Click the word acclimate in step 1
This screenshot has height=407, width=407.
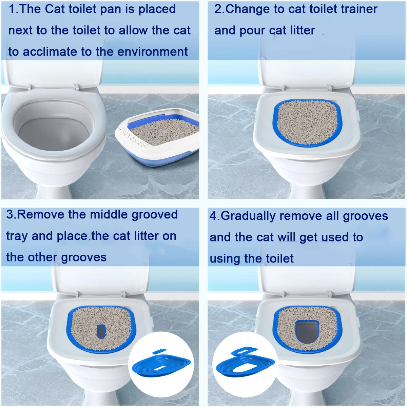tap(50, 52)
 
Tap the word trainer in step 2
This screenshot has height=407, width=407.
tap(359, 9)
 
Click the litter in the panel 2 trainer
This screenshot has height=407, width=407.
tap(307, 122)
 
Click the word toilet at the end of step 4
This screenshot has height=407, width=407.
tap(279, 258)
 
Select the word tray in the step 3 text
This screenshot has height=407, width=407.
tap(17, 236)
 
